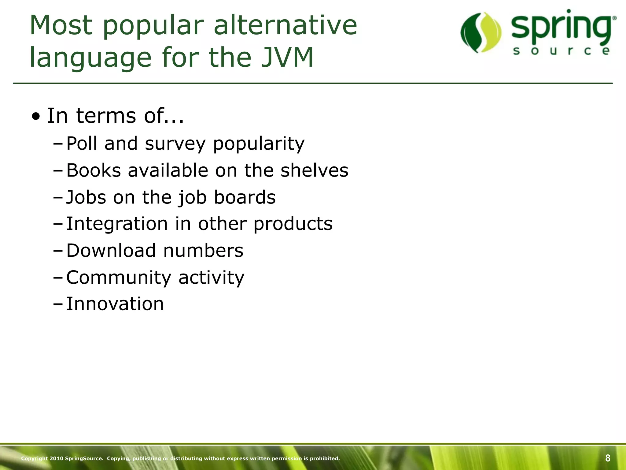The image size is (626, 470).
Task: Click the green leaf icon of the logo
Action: click(x=481, y=32)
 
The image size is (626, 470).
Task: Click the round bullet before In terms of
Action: click(x=37, y=117)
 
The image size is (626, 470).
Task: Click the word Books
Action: click(x=94, y=170)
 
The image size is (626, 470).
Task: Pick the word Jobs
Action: click(x=86, y=197)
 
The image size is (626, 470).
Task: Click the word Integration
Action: click(x=117, y=224)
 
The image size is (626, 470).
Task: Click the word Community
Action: click(x=119, y=278)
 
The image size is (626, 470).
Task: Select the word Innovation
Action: click(x=115, y=304)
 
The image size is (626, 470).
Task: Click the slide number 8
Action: click(x=607, y=458)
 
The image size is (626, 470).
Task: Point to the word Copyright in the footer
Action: click(x=35, y=458)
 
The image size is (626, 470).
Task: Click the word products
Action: click(x=293, y=224)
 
